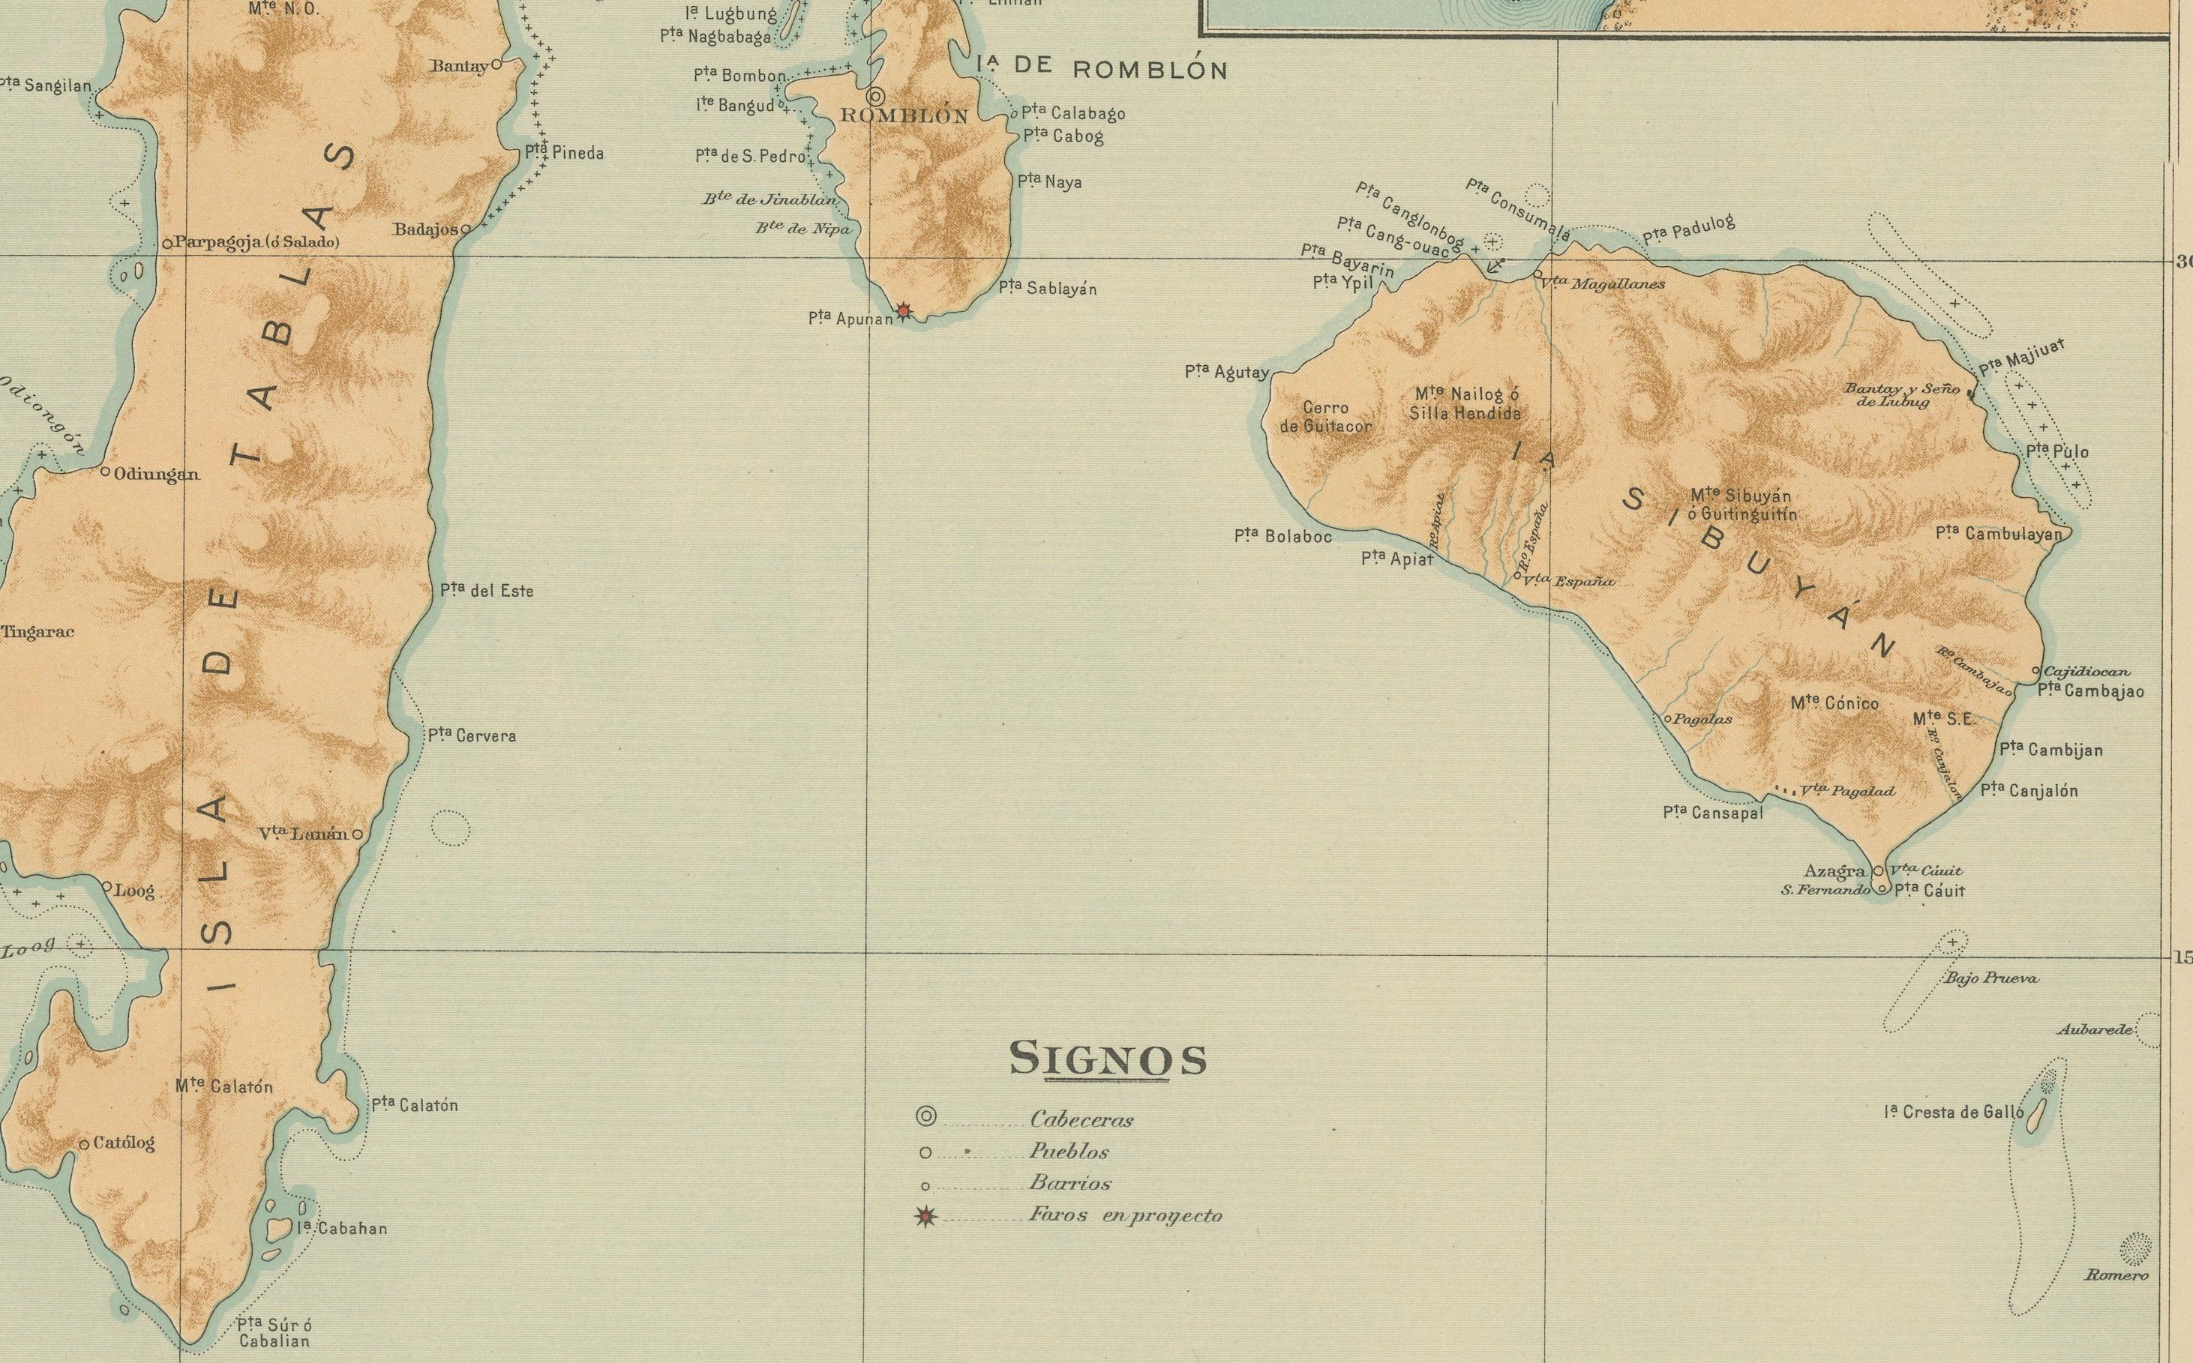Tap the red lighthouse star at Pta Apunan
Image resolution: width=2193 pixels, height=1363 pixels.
point(904,312)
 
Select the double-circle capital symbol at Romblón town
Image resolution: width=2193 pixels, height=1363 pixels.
point(874,95)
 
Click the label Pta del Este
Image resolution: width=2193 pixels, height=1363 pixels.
point(487,592)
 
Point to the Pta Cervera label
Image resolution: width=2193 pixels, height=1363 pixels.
point(472,735)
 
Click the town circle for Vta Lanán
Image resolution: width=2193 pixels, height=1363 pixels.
point(357,834)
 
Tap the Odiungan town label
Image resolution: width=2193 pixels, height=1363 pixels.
point(156,474)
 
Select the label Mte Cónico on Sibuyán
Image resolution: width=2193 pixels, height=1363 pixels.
point(1835,703)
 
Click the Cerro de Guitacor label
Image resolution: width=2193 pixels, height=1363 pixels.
point(1325,418)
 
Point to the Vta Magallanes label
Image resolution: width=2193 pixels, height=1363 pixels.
point(1603,284)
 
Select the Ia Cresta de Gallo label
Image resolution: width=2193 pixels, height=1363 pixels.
point(1953,1113)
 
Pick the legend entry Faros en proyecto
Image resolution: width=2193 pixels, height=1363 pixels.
point(1125,1215)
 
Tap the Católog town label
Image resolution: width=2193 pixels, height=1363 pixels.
point(124,1143)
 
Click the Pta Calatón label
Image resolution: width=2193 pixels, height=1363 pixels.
point(415,1105)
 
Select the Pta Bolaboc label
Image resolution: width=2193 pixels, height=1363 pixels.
point(1282,536)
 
